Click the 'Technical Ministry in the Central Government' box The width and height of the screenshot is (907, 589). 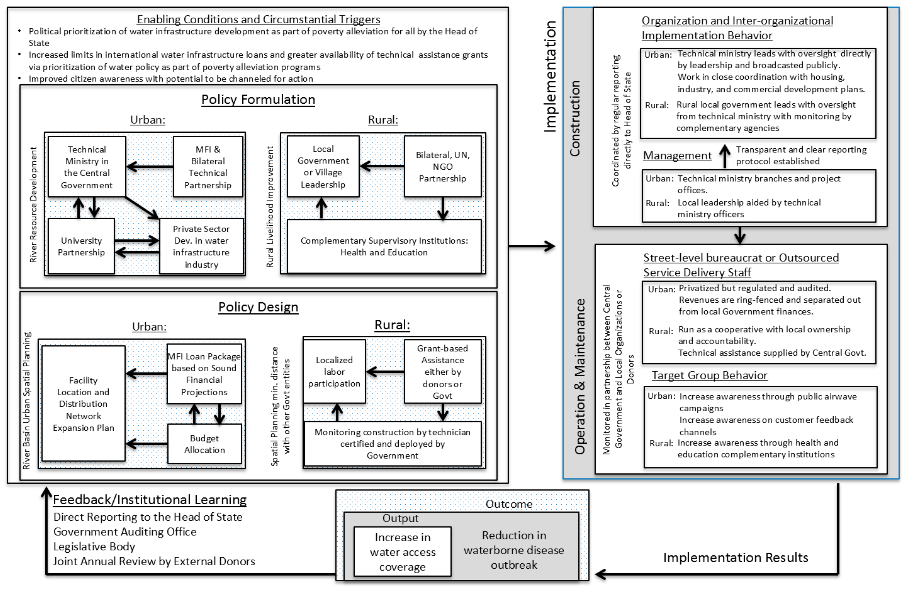[87, 167]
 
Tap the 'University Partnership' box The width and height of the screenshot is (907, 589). [81, 246]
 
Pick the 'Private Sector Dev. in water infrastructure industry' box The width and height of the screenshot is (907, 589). [201, 246]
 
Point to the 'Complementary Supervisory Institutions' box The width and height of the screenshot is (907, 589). [384, 246]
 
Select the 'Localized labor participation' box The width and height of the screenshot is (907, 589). [334, 371]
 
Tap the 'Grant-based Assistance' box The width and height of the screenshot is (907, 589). [442, 371]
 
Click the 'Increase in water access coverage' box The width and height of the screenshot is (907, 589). [402, 552]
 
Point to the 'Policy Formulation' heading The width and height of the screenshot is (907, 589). [258, 99]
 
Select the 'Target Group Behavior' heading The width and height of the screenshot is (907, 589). [709, 375]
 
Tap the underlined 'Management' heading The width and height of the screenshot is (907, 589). [677, 155]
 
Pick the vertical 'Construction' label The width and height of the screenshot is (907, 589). [575, 118]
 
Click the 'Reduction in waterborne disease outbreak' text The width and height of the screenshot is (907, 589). [514, 550]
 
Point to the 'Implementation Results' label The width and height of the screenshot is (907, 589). [736, 557]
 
